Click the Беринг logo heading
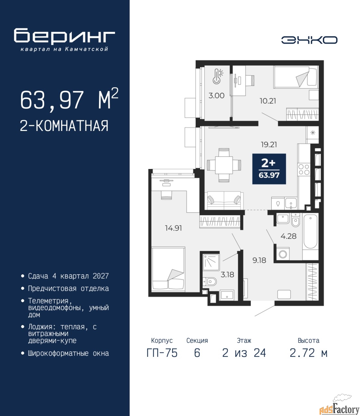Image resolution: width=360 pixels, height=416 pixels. (64, 37)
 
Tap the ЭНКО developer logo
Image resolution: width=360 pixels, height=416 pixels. (309, 40)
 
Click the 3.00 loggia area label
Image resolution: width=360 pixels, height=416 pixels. (217, 96)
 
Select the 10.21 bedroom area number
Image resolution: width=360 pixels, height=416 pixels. (268, 101)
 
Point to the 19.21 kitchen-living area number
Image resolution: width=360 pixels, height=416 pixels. (269, 145)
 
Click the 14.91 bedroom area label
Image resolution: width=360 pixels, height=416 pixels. (173, 228)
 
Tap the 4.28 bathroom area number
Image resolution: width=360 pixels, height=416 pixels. (289, 236)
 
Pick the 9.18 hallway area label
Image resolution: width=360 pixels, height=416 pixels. (259, 260)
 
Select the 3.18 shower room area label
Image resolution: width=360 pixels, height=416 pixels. (227, 275)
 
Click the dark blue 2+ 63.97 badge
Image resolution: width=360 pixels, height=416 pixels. (269, 169)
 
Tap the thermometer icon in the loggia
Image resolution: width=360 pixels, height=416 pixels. (217, 76)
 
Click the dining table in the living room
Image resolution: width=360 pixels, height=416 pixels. (224, 165)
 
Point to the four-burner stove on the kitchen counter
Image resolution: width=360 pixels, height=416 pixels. (304, 169)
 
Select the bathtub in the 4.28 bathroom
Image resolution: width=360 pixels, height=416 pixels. (310, 232)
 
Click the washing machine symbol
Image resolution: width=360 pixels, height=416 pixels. (283, 254)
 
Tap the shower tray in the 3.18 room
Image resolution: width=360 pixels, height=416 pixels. (211, 263)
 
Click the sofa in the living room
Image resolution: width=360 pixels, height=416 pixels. (224, 201)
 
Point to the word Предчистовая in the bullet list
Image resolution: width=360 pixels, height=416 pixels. (52, 289)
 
